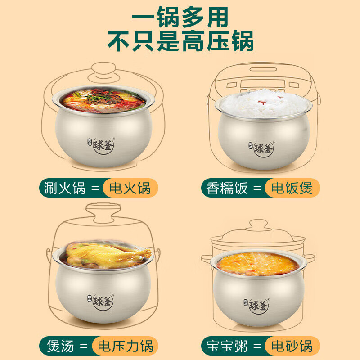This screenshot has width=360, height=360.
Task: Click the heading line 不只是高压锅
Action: coord(180,41)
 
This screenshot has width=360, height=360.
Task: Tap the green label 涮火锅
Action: coord(65,188)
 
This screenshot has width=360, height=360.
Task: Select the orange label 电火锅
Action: coord(131,188)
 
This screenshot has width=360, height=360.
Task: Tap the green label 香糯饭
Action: coord(227,188)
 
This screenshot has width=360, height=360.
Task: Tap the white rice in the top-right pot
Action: coord(263,101)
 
